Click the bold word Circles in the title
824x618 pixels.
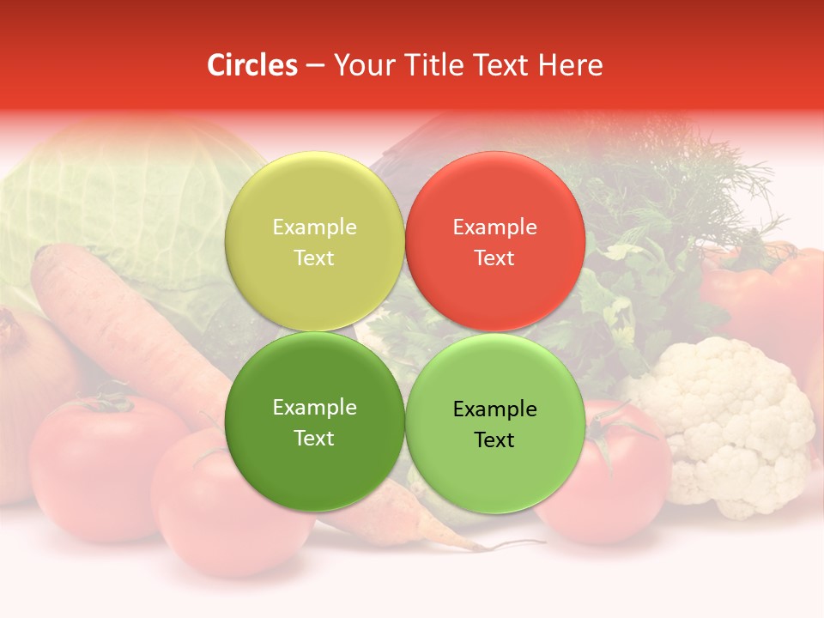pyautogui.click(x=251, y=65)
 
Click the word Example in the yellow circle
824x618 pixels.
pyautogui.click(x=314, y=227)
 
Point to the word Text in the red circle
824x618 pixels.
pyautogui.click(x=494, y=258)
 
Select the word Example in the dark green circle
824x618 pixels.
pyautogui.click(x=314, y=408)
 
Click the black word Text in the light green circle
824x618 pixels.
pyautogui.click(x=494, y=440)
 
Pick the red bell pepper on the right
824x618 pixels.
pyautogui.click(x=764, y=292)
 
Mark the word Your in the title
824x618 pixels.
pyautogui.click(x=363, y=65)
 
